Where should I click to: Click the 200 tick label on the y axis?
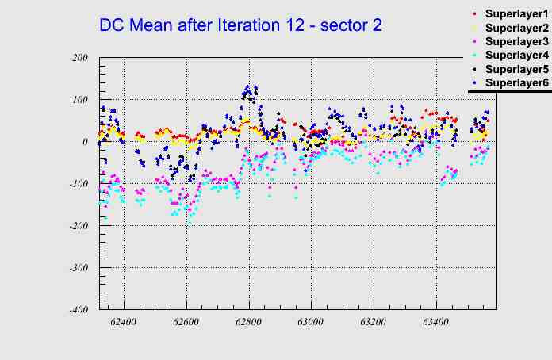[79, 58]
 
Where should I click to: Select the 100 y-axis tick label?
[79, 100]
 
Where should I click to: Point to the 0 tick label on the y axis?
[84, 142]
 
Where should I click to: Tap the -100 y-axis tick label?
[77, 184]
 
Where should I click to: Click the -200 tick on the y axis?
[77, 226]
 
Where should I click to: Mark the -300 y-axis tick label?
[77, 268]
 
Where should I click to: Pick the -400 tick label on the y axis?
[77, 310]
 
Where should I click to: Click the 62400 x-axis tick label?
[124, 323]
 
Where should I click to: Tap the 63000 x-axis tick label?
[311, 323]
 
